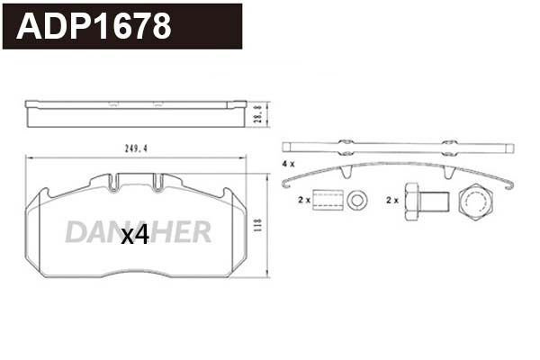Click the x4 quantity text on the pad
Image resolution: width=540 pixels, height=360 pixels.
134,235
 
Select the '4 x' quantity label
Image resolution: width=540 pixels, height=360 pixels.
287,164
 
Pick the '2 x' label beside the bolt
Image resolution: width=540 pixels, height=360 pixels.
391,199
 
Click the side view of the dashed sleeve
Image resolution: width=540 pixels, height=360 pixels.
328,200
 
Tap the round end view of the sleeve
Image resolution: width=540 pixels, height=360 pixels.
359,199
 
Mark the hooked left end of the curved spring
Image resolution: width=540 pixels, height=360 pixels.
287,184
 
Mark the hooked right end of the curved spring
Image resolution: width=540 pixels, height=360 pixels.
509,185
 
